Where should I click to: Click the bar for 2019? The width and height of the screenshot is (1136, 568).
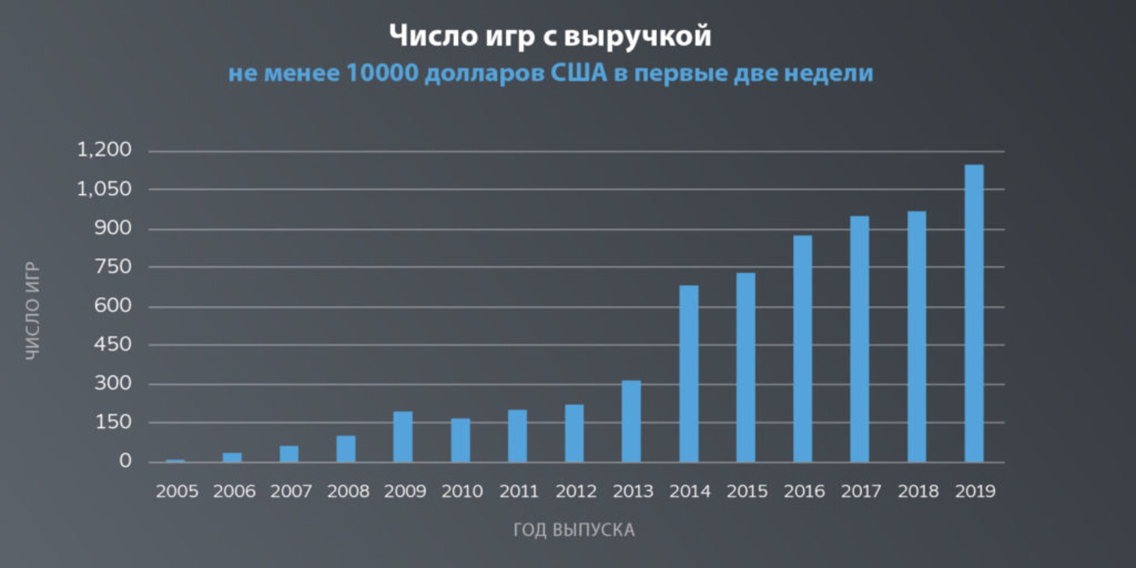pos(974,314)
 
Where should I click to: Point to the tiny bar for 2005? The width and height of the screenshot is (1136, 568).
pos(175,460)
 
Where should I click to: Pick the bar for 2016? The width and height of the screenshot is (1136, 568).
pos(803,349)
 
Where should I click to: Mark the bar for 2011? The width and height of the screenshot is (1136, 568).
pos(517,436)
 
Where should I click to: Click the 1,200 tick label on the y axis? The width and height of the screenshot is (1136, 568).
pos(104,150)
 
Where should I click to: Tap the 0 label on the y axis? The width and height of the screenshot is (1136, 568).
pos(125,460)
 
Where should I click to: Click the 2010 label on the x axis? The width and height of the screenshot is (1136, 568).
pos(462,491)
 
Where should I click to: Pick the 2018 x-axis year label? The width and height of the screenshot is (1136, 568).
pos(918,491)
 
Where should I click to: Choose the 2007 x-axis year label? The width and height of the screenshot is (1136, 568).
pos(291,491)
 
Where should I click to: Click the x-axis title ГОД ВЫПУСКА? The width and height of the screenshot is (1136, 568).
pos(574,530)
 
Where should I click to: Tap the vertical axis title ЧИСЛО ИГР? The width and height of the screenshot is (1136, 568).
pos(33,311)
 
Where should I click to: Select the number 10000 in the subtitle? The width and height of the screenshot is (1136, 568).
pos(382,73)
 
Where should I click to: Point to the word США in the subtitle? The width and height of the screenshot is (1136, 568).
pos(579,73)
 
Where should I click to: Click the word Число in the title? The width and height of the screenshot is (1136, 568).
pos(433,35)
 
